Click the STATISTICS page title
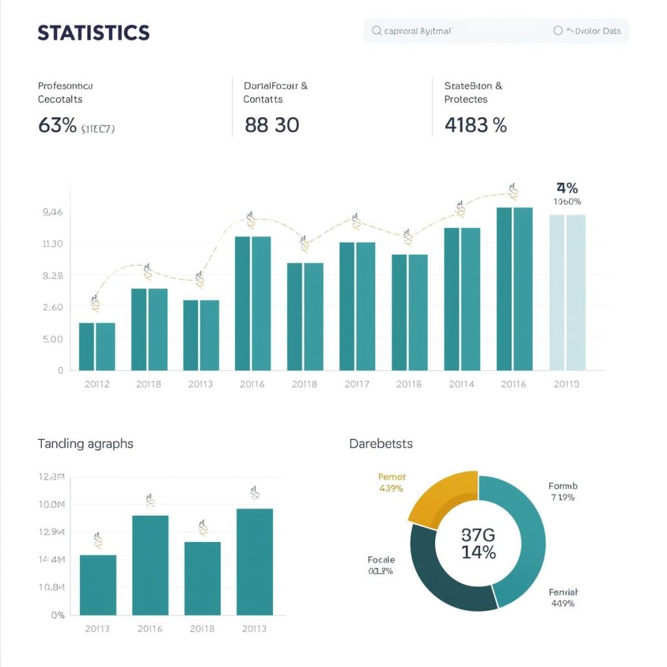click(x=94, y=33)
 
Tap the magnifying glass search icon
click(x=376, y=31)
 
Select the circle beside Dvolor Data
click(x=558, y=31)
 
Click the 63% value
click(x=57, y=125)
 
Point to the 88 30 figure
click(x=272, y=125)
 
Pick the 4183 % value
click(x=475, y=125)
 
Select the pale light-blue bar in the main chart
click(x=568, y=292)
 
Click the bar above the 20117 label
click(x=357, y=306)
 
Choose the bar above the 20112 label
click(x=97, y=347)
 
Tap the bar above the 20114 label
click(x=462, y=299)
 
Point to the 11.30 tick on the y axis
click(x=52, y=244)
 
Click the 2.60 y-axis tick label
click(x=52, y=307)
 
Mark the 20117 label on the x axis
click(x=357, y=384)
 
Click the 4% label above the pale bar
click(x=567, y=188)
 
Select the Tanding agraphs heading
click(x=85, y=444)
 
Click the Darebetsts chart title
click(x=381, y=444)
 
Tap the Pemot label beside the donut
click(x=391, y=477)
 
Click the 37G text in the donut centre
click(x=478, y=535)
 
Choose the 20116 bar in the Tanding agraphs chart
click(x=150, y=565)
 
